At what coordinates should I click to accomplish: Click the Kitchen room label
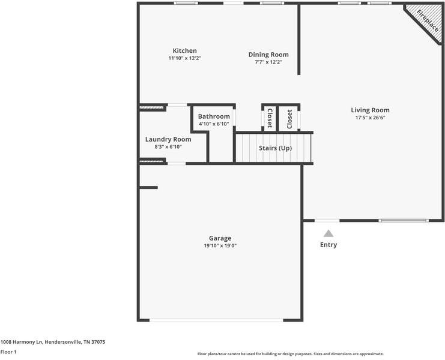pyautogui.click(x=184, y=50)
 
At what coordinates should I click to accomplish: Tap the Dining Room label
pyautogui.click(x=268, y=55)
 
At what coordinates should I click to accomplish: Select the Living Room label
pyautogui.click(x=370, y=110)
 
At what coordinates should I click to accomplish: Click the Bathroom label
pyautogui.click(x=214, y=116)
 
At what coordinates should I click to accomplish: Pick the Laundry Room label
pyautogui.click(x=168, y=139)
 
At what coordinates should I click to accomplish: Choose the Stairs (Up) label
pyautogui.click(x=275, y=148)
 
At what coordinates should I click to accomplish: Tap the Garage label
pyautogui.click(x=220, y=238)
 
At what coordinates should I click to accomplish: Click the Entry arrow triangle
pyautogui.click(x=328, y=233)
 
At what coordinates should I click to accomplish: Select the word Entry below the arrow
pyautogui.click(x=328, y=245)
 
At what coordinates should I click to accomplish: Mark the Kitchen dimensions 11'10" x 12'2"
pyautogui.click(x=184, y=58)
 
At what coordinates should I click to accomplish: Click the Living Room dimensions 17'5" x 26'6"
pyautogui.click(x=370, y=118)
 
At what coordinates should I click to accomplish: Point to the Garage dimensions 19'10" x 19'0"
pyautogui.click(x=220, y=246)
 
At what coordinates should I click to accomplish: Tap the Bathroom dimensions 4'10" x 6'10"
pyautogui.click(x=214, y=124)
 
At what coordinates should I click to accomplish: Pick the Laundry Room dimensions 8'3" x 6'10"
pyautogui.click(x=168, y=146)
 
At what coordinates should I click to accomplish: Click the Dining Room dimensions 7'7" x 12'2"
pyautogui.click(x=268, y=62)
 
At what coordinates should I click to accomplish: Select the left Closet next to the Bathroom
pyautogui.click(x=270, y=118)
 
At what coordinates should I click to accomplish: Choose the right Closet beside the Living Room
pyautogui.click(x=289, y=118)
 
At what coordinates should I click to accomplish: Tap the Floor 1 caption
pyautogui.click(x=8, y=352)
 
